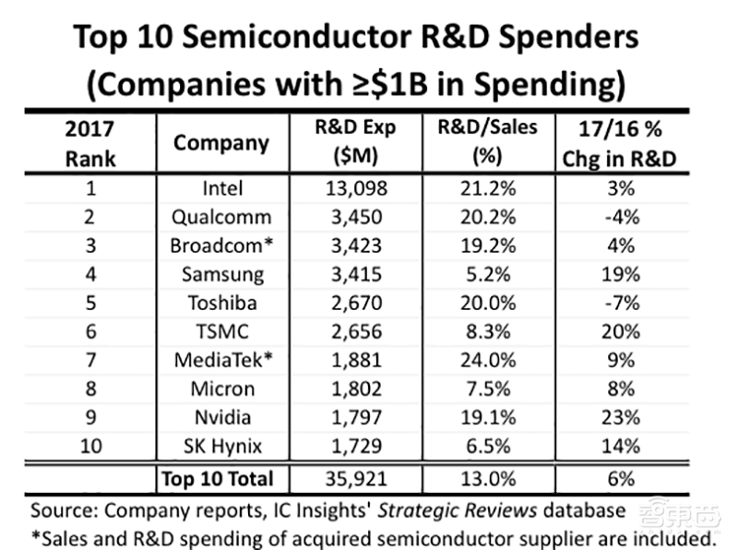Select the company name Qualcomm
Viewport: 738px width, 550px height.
coord(221,218)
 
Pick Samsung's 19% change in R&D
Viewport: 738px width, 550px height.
coord(619,275)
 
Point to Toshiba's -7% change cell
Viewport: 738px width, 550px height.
coord(619,304)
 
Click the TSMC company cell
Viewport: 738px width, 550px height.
coord(221,332)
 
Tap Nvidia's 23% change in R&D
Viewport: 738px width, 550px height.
coord(619,418)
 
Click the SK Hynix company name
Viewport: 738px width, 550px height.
coord(221,447)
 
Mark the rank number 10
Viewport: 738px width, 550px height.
coord(91,447)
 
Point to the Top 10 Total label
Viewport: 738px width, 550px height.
coord(218,479)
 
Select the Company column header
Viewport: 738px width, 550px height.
coord(221,143)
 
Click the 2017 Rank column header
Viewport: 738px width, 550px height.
coord(91,143)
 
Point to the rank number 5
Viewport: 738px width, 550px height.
coord(91,304)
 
